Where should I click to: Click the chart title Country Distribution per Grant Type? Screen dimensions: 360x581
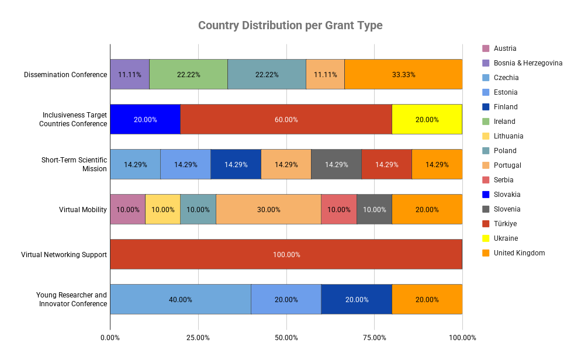290,26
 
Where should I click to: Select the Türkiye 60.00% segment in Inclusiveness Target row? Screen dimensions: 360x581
286,119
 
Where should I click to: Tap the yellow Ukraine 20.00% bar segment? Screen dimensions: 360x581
427,119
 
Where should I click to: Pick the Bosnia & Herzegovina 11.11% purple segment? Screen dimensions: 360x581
130,74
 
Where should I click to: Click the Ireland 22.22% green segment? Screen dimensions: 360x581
188,74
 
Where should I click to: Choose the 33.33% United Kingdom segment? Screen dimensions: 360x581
403,74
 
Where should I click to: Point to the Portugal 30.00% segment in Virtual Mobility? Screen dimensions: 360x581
268,209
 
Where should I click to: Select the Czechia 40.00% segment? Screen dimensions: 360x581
181,299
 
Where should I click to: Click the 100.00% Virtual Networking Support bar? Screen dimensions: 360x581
286,254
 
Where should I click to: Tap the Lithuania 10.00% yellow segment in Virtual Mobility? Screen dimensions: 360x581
162,209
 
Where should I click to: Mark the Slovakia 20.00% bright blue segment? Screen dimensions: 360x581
145,119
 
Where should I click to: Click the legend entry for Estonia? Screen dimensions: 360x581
505,92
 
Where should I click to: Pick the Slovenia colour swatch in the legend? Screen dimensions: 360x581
485,209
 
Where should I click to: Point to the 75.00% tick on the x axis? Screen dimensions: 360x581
374,337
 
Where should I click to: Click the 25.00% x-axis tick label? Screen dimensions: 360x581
198,337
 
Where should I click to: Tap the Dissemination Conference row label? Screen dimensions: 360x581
65,75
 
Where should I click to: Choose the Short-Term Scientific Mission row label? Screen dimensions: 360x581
74,164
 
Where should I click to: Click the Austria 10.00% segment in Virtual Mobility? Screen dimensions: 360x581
127,209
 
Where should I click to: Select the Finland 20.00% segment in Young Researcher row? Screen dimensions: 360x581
357,299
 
